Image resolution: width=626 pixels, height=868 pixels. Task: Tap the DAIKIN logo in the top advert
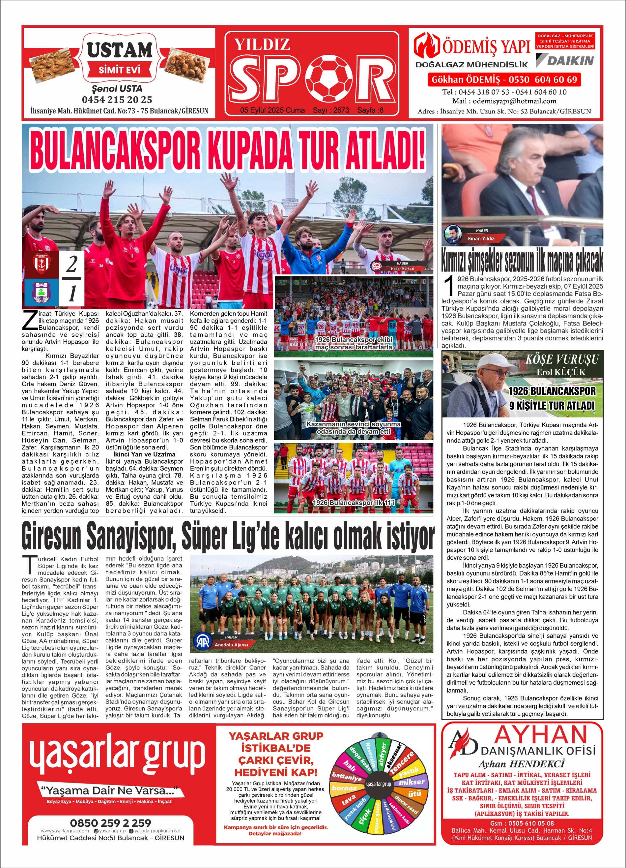[565, 60]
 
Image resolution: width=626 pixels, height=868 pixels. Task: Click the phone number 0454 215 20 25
[117, 100]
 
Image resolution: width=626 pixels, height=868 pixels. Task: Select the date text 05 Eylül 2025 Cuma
[272, 110]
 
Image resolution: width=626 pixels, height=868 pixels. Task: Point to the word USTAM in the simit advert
[119, 50]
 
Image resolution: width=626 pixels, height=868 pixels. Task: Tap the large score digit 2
[71, 264]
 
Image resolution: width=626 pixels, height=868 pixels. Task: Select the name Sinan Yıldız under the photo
[481, 238]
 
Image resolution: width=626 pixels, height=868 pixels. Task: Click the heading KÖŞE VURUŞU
[562, 359]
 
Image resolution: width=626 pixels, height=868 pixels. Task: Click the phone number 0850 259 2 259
[110, 823]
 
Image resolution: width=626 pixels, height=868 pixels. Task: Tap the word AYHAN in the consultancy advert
[540, 734]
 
